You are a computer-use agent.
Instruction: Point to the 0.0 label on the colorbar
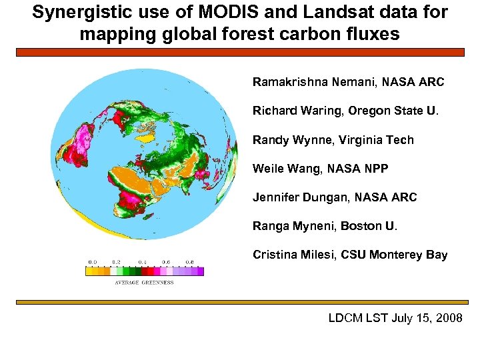93,262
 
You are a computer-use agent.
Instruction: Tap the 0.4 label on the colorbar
143,262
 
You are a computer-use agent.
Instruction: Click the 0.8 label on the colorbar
190,262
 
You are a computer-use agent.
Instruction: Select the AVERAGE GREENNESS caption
144,283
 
